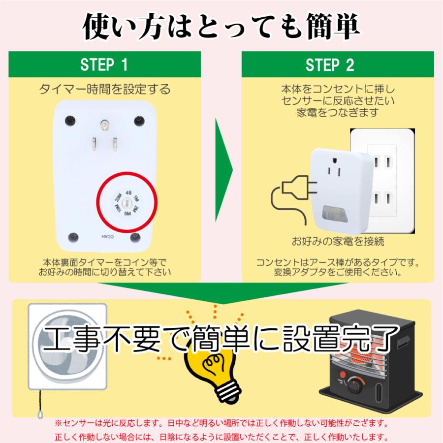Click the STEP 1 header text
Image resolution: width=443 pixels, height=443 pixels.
coord(104,64)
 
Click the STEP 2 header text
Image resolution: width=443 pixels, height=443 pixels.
coord(330,65)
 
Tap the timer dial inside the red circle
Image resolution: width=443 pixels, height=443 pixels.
coord(127,203)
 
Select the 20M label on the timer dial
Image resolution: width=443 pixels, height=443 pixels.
coord(118,197)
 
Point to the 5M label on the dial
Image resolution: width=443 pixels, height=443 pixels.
coord(127,214)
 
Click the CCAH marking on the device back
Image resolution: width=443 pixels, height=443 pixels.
coord(107,236)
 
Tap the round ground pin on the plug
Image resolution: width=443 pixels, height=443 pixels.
coord(104,125)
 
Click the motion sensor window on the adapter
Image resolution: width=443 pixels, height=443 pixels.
coord(335,214)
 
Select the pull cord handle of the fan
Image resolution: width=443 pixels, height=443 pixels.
coord(40,414)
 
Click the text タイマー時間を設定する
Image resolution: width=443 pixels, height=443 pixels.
coord(104,89)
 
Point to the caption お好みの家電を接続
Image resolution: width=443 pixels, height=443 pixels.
coord(338,241)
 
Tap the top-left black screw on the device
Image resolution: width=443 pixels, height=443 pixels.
coord(70,121)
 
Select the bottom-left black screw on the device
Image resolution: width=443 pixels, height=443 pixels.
coord(73,237)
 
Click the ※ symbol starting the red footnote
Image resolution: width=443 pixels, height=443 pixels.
coord(58,423)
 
